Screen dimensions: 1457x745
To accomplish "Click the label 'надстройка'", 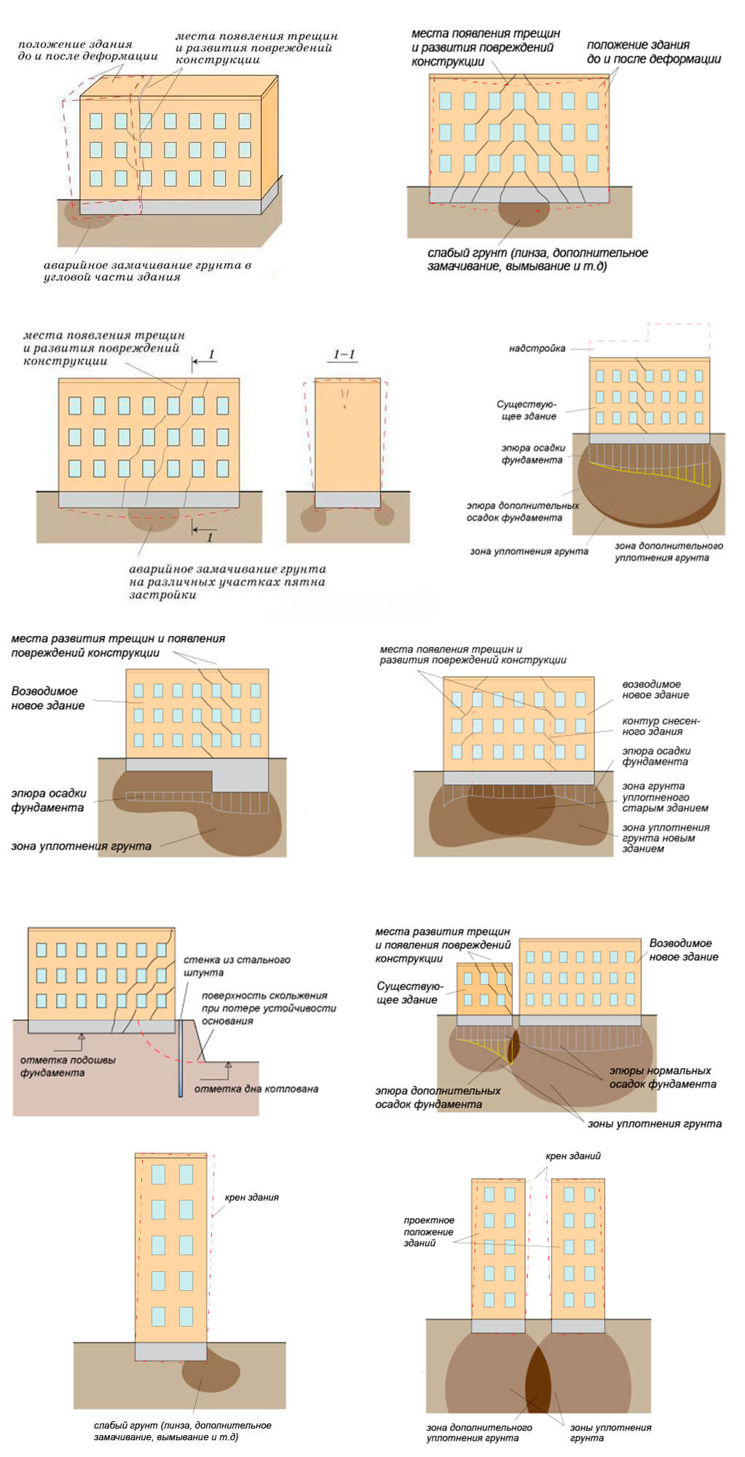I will point(537,348).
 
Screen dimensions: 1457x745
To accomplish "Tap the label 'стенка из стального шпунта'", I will point(236,966).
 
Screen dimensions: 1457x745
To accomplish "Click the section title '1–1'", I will point(344,355).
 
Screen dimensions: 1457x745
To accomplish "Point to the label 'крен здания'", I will point(252,1197).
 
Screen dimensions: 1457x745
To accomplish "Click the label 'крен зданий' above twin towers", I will point(573,1156).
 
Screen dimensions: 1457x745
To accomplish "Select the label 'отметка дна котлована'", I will point(256,1089).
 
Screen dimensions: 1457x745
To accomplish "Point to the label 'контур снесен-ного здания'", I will point(661,726).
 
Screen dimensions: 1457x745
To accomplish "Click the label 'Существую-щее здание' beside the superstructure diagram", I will point(527,409).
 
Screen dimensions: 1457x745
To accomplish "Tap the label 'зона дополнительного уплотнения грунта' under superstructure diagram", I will point(668,551).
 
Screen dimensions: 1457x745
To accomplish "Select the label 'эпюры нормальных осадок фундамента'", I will point(662,1077).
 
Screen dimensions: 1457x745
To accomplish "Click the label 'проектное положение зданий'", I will point(429,1231).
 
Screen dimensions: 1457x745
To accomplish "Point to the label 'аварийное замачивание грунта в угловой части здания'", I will point(146,271).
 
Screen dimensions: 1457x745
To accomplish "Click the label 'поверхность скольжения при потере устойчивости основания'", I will point(269,1008).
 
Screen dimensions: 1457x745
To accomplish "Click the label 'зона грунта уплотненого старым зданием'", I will point(664,797).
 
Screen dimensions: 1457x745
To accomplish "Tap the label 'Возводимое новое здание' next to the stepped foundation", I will point(48,698).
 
